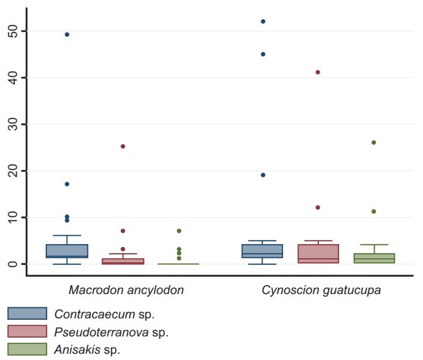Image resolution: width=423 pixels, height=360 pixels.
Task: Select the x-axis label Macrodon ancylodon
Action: point(126,289)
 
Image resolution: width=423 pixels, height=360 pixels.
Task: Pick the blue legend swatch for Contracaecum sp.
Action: point(27,314)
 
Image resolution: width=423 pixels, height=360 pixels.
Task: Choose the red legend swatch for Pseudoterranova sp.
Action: point(27,331)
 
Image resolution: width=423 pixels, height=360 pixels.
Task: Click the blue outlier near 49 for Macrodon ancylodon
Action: point(67,34)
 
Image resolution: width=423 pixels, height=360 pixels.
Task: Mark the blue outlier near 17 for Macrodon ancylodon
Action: point(67,184)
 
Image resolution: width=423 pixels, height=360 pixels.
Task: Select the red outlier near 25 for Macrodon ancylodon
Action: point(123,146)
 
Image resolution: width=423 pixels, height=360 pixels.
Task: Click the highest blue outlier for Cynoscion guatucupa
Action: point(263,22)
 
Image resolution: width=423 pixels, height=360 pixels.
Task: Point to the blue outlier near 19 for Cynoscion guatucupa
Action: point(263,175)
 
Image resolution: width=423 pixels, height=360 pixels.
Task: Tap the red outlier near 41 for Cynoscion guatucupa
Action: point(318,72)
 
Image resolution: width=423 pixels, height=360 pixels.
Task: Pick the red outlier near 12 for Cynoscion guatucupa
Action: point(318,207)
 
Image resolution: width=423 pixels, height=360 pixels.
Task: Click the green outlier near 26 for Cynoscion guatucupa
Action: point(374,142)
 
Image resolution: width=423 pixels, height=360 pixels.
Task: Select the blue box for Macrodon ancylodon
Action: point(67,250)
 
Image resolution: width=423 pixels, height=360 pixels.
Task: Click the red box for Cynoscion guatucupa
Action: point(318,253)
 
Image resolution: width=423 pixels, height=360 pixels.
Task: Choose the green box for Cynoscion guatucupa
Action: point(374,258)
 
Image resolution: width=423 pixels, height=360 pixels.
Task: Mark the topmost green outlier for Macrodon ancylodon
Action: point(178,230)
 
